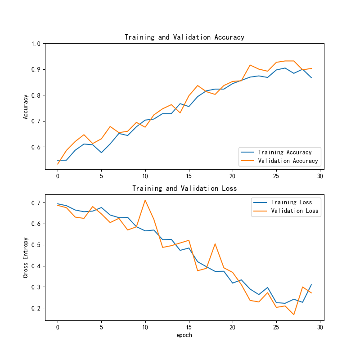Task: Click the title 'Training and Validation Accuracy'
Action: point(184,37)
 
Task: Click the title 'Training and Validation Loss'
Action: point(184,189)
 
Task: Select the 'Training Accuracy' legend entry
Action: point(285,152)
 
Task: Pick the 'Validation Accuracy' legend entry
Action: point(288,161)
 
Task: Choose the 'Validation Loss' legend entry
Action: point(294,211)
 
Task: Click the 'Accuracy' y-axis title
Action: point(26,106)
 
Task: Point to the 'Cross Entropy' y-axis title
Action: point(26,257)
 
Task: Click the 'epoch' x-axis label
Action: point(184,335)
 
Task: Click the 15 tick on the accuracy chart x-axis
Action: point(189,176)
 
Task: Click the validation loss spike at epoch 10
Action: point(145,200)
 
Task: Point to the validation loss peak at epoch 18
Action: point(215,244)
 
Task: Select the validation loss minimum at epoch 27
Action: point(294,315)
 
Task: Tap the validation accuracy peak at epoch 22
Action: point(250,65)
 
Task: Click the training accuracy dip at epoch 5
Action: point(101,153)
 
